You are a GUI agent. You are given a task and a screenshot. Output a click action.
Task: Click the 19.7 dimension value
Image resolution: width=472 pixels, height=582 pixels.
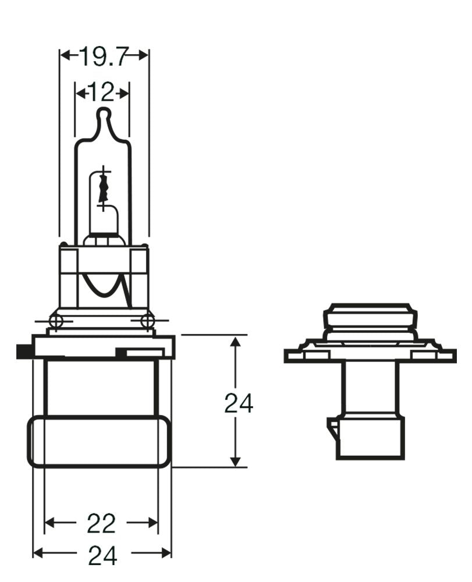[x=104, y=56]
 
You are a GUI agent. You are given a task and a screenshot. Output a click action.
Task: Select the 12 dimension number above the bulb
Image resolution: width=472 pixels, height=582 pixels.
[x=102, y=93]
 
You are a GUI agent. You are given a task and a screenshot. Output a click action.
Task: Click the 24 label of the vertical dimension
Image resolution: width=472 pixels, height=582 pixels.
[x=239, y=403]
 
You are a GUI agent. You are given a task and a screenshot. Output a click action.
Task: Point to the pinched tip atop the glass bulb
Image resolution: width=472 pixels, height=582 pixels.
[x=104, y=114]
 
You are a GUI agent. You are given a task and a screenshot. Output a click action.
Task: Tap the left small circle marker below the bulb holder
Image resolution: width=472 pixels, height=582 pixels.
[x=56, y=320]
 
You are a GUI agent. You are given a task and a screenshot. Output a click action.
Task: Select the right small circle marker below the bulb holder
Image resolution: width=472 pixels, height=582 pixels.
[x=148, y=320]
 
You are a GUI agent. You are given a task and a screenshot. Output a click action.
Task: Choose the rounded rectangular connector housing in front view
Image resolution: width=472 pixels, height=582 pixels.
[x=99, y=441]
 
